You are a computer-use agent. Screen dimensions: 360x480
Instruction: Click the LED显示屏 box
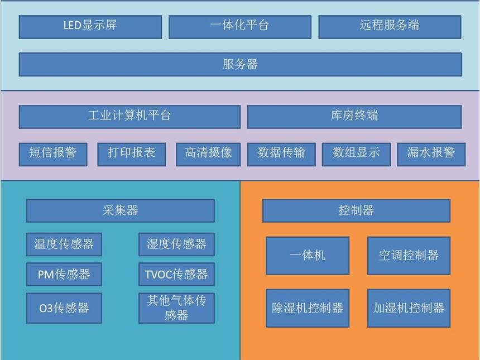tap(90, 26)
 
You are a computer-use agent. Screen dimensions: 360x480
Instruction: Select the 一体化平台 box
tap(239, 26)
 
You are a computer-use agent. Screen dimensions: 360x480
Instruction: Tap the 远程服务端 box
tap(390, 26)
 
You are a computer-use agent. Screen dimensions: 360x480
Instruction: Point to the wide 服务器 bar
tap(240, 64)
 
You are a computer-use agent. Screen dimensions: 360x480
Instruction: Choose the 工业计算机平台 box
tap(129, 117)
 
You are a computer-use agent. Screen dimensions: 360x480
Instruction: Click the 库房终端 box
tap(354, 117)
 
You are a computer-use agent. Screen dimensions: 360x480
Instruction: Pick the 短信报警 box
tap(53, 154)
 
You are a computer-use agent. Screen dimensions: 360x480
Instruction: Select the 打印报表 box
tap(132, 154)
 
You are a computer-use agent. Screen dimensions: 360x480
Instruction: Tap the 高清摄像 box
tap(208, 154)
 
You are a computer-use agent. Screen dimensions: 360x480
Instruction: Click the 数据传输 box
tap(281, 154)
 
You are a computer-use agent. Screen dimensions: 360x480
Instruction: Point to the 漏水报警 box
tap(431, 154)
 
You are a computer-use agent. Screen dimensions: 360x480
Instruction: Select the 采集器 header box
tap(120, 210)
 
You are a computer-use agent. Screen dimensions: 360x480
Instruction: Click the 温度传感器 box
tap(64, 244)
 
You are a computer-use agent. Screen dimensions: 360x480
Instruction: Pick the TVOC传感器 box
tap(176, 274)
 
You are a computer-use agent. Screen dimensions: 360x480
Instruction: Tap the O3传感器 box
tap(64, 308)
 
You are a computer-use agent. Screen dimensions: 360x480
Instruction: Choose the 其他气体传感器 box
tap(176, 308)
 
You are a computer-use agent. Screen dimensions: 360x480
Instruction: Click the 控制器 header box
tap(356, 210)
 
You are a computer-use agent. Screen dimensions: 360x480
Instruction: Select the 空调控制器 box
tap(409, 256)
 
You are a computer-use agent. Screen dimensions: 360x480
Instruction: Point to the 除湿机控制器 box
tap(308, 308)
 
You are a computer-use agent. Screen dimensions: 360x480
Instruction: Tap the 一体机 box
tap(308, 256)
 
